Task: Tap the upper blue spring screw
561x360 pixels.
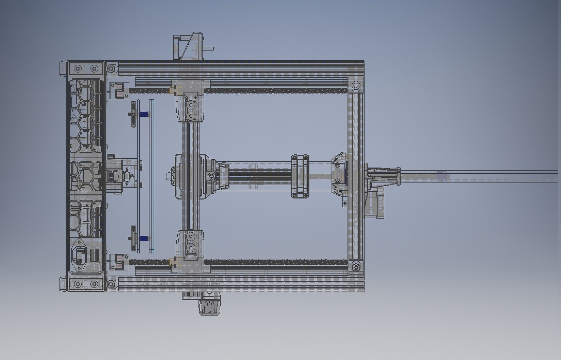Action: coord(144,114)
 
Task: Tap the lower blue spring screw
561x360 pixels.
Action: coord(144,238)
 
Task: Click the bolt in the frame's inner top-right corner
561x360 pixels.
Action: coord(356,85)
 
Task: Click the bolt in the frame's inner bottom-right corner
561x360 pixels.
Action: coord(356,267)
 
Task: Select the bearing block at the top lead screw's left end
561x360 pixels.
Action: coord(119,91)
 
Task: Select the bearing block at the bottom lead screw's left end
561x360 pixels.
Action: coord(119,262)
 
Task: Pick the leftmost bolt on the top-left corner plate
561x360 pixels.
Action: coord(78,69)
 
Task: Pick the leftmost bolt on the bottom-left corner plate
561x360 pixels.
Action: coord(78,285)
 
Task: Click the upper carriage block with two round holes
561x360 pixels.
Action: coord(190,110)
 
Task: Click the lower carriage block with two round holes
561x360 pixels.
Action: coord(190,242)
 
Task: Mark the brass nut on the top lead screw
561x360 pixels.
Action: coord(173,90)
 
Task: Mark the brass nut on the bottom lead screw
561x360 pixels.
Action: coord(173,262)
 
